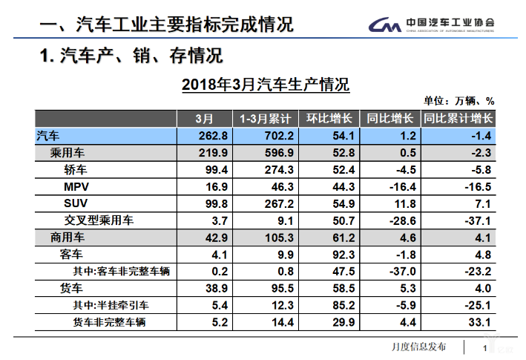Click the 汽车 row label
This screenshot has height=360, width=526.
pos(50,135)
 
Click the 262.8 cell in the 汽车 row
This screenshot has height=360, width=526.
pos(211,135)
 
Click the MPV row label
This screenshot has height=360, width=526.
pos(78,186)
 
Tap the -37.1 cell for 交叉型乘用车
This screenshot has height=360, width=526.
pos(476,220)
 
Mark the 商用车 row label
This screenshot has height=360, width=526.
pos(68,238)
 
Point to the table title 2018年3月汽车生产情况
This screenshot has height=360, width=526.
pos(266,85)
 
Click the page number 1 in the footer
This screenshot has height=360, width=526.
pos(484,347)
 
